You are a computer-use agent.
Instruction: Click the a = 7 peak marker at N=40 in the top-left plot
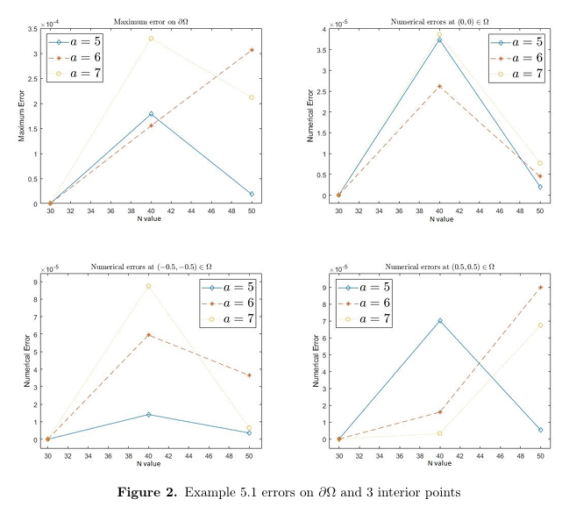151,39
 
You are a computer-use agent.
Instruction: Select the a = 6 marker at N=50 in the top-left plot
252,50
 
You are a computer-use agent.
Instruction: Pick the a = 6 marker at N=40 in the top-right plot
439,86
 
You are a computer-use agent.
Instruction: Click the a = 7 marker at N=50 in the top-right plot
540,163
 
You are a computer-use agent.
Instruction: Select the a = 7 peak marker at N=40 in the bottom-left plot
149,286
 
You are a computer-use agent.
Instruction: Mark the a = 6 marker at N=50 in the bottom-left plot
250,375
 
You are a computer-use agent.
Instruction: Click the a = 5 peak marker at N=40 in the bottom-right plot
439,321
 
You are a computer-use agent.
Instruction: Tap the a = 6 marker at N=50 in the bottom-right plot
540,288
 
